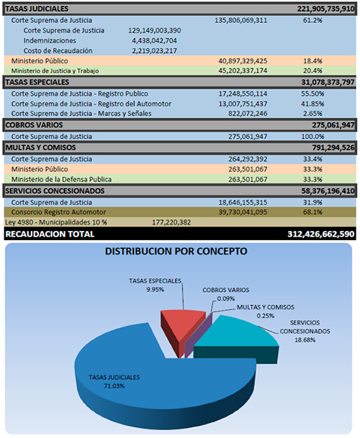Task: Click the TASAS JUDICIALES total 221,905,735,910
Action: pos(326,9)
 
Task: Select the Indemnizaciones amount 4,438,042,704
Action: pos(154,41)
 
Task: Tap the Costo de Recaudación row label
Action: pos(58,51)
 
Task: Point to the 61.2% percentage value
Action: pos(312,20)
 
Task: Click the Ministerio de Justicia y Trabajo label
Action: pos(55,71)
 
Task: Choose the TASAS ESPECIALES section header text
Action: pos(37,82)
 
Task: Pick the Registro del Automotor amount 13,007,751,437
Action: pos(243,104)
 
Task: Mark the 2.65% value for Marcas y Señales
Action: pos(312,114)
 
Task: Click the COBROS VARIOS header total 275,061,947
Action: pos(333,125)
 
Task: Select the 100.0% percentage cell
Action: pos(312,137)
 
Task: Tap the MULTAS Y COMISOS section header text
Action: pos(40,147)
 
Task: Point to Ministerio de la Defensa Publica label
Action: pos(61,179)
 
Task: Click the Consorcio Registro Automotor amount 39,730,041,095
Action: pos(243,212)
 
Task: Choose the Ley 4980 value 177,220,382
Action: pos(171,222)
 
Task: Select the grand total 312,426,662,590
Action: pos(321,234)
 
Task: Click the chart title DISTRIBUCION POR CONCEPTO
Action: pos(176,251)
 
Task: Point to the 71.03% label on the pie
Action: pos(114,386)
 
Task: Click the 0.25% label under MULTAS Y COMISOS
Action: pos(266,316)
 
